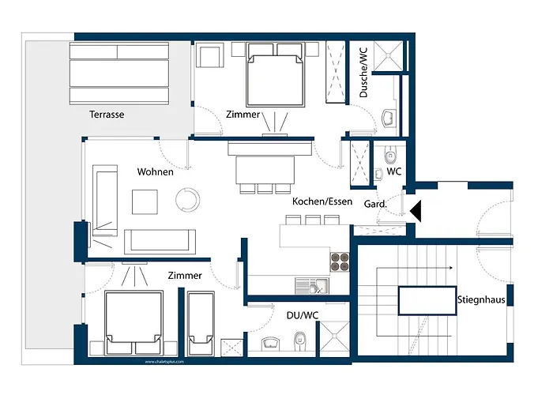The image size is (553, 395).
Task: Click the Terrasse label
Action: (107, 115)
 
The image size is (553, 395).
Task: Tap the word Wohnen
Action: (155, 171)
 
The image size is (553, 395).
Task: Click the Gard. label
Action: (374, 205)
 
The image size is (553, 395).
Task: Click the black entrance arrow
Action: (416, 210)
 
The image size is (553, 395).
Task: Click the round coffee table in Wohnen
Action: (190, 198)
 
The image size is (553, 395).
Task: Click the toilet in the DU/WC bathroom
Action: (299, 340)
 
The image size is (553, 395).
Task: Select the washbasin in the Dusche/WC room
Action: (389, 118)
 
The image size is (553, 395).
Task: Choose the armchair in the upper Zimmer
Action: (209, 57)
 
